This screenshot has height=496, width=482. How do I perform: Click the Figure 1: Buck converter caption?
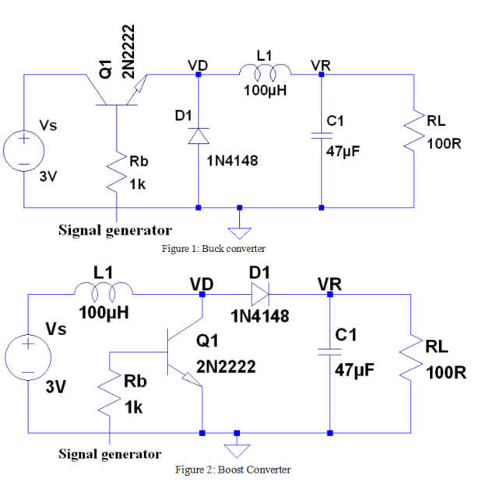pyautogui.click(x=213, y=249)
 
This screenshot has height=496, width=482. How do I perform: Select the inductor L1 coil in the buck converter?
pyautogui.click(x=262, y=72)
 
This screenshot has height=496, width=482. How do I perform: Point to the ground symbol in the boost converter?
pyautogui.click(x=237, y=449)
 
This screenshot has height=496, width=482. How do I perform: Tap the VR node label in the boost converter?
pyautogui.click(x=329, y=284)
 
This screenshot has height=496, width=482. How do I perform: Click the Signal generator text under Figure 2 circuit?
pyautogui.click(x=110, y=454)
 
